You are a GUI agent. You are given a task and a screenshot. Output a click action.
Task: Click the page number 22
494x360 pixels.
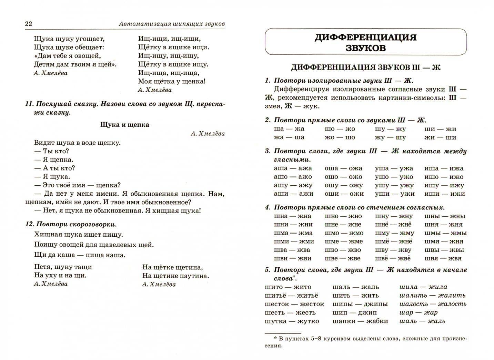[x=28, y=24]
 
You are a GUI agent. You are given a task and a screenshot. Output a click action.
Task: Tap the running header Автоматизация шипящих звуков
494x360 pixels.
[x=171, y=24]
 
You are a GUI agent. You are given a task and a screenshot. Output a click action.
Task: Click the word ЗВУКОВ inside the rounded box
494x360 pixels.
[x=365, y=48]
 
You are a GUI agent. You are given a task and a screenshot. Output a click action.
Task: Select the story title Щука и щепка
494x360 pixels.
[x=124, y=125]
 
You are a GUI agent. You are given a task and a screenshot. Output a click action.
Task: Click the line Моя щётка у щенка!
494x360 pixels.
[x=172, y=81]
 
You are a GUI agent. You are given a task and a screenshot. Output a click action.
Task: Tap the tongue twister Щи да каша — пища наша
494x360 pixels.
[x=80, y=255]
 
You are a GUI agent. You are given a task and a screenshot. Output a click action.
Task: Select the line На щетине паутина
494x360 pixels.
[x=175, y=276]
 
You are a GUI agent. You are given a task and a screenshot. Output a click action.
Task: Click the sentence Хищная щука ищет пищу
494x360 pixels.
[x=79, y=235]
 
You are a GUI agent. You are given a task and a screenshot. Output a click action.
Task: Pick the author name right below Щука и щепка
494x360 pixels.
[x=208, y=134]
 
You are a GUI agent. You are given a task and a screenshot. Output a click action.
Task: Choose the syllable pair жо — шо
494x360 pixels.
[x=340, y=137]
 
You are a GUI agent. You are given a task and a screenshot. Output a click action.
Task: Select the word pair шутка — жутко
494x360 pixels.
[x=292, y=321]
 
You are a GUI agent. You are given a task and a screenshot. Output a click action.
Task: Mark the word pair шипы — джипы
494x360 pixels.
[x=360, y=304]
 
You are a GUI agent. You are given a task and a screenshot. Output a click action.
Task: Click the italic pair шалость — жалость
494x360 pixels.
[x=433, y=304]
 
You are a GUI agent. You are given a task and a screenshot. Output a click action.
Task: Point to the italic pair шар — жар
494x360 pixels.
[x=418, y=312]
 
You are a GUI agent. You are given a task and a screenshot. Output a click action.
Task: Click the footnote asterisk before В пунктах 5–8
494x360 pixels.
[x=275, y=338]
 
